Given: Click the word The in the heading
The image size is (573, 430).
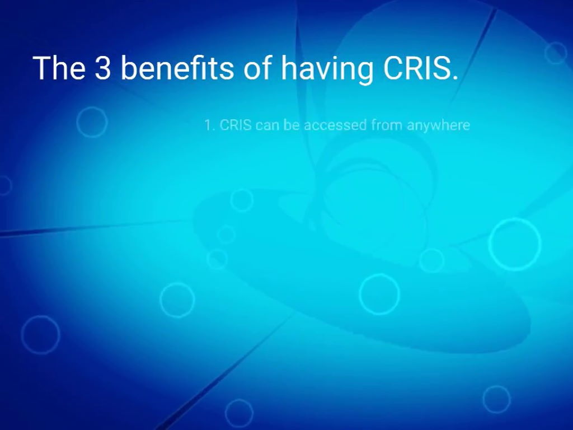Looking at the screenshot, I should click(x=59, y=68).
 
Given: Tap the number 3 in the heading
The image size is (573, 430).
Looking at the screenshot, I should click(x=102, y=68).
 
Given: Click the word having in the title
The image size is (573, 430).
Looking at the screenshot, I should click(x=327, y=69).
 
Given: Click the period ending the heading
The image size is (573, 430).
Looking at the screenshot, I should click(x=454, y=77).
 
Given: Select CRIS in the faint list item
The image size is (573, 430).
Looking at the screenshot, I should click(x=235, y=125).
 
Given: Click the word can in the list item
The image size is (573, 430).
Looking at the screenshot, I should click(x=267, y=125).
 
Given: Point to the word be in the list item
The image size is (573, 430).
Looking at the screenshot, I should click(x=292, y=125).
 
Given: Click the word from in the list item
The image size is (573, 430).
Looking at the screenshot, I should click(x=386, y=125).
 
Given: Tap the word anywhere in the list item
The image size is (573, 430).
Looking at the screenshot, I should click(x=438, y=125).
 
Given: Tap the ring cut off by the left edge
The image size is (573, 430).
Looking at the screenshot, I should click(x=3, y=185).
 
